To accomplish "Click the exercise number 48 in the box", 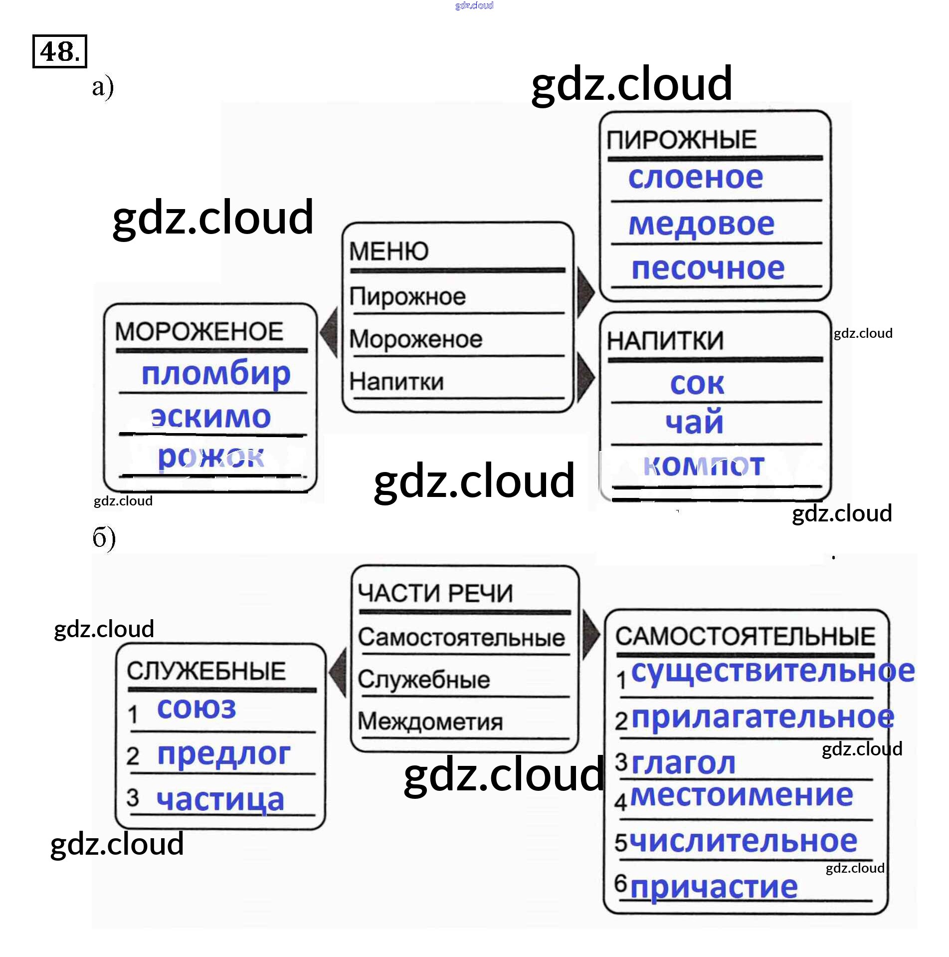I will click(59, 51).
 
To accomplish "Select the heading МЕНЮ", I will click(388, 250).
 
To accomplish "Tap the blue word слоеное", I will click(695, 178).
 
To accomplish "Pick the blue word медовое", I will click(701, 224).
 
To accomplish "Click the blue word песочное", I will click(708, 268).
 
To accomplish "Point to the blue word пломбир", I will click(216, 373).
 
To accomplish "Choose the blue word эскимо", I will click(211, 417).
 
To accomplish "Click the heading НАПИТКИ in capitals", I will click(665, 341).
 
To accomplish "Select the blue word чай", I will click(694, 422).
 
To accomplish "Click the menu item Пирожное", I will click(407, 296).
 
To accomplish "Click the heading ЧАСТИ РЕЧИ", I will click(435, 593).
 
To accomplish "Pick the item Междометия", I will click(430, 721).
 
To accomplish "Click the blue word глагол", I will click(683, 763).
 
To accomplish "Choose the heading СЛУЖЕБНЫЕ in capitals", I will click(206, 671).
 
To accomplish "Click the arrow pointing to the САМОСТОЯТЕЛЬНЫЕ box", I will click(591, 634).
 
